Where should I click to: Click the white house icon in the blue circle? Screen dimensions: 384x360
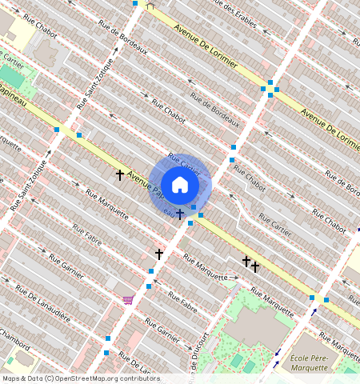click(180, 186)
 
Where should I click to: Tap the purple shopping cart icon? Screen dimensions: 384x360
click(128, 300)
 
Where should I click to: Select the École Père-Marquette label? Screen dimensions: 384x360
click(310, 362)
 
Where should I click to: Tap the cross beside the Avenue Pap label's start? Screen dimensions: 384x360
click(120, 174)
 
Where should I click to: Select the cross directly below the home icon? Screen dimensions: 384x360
click(180, 214)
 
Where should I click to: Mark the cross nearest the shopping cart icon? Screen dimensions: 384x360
click(158, 254)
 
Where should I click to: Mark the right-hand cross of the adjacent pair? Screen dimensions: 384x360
click(255, 266)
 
